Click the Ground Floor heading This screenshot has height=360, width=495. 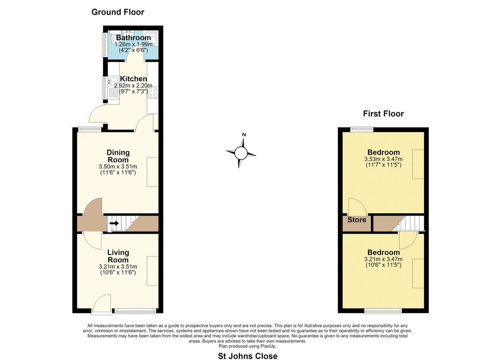[x=118, y=12]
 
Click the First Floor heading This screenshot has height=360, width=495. [x=383, y=114]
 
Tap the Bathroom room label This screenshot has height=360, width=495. [x=133, y=38]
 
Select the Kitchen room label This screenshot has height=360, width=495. [x=133, y=79]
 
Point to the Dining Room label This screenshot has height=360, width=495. [x=118, y=156]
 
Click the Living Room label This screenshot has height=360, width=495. [x=118, y=256]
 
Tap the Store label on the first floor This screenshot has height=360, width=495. [x=357, y=220]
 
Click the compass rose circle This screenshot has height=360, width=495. [x=240, y=154]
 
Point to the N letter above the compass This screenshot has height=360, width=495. [x=244, y=135]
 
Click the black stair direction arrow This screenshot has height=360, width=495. [x=114, y=224]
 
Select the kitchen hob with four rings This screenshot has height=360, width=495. [x=153, y=92]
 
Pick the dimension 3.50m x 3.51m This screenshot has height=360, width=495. [x=118, y=166]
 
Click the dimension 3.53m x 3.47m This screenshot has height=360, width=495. [x=383, y=159]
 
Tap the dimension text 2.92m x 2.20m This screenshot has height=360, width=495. [x=133, y=86]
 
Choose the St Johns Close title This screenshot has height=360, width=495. [x=248, y=356]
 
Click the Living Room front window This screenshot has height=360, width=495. [x=135, y=311]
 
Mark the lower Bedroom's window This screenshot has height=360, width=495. [x=383, y=311]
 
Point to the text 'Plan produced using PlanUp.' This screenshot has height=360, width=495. [x=247, y=346]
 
